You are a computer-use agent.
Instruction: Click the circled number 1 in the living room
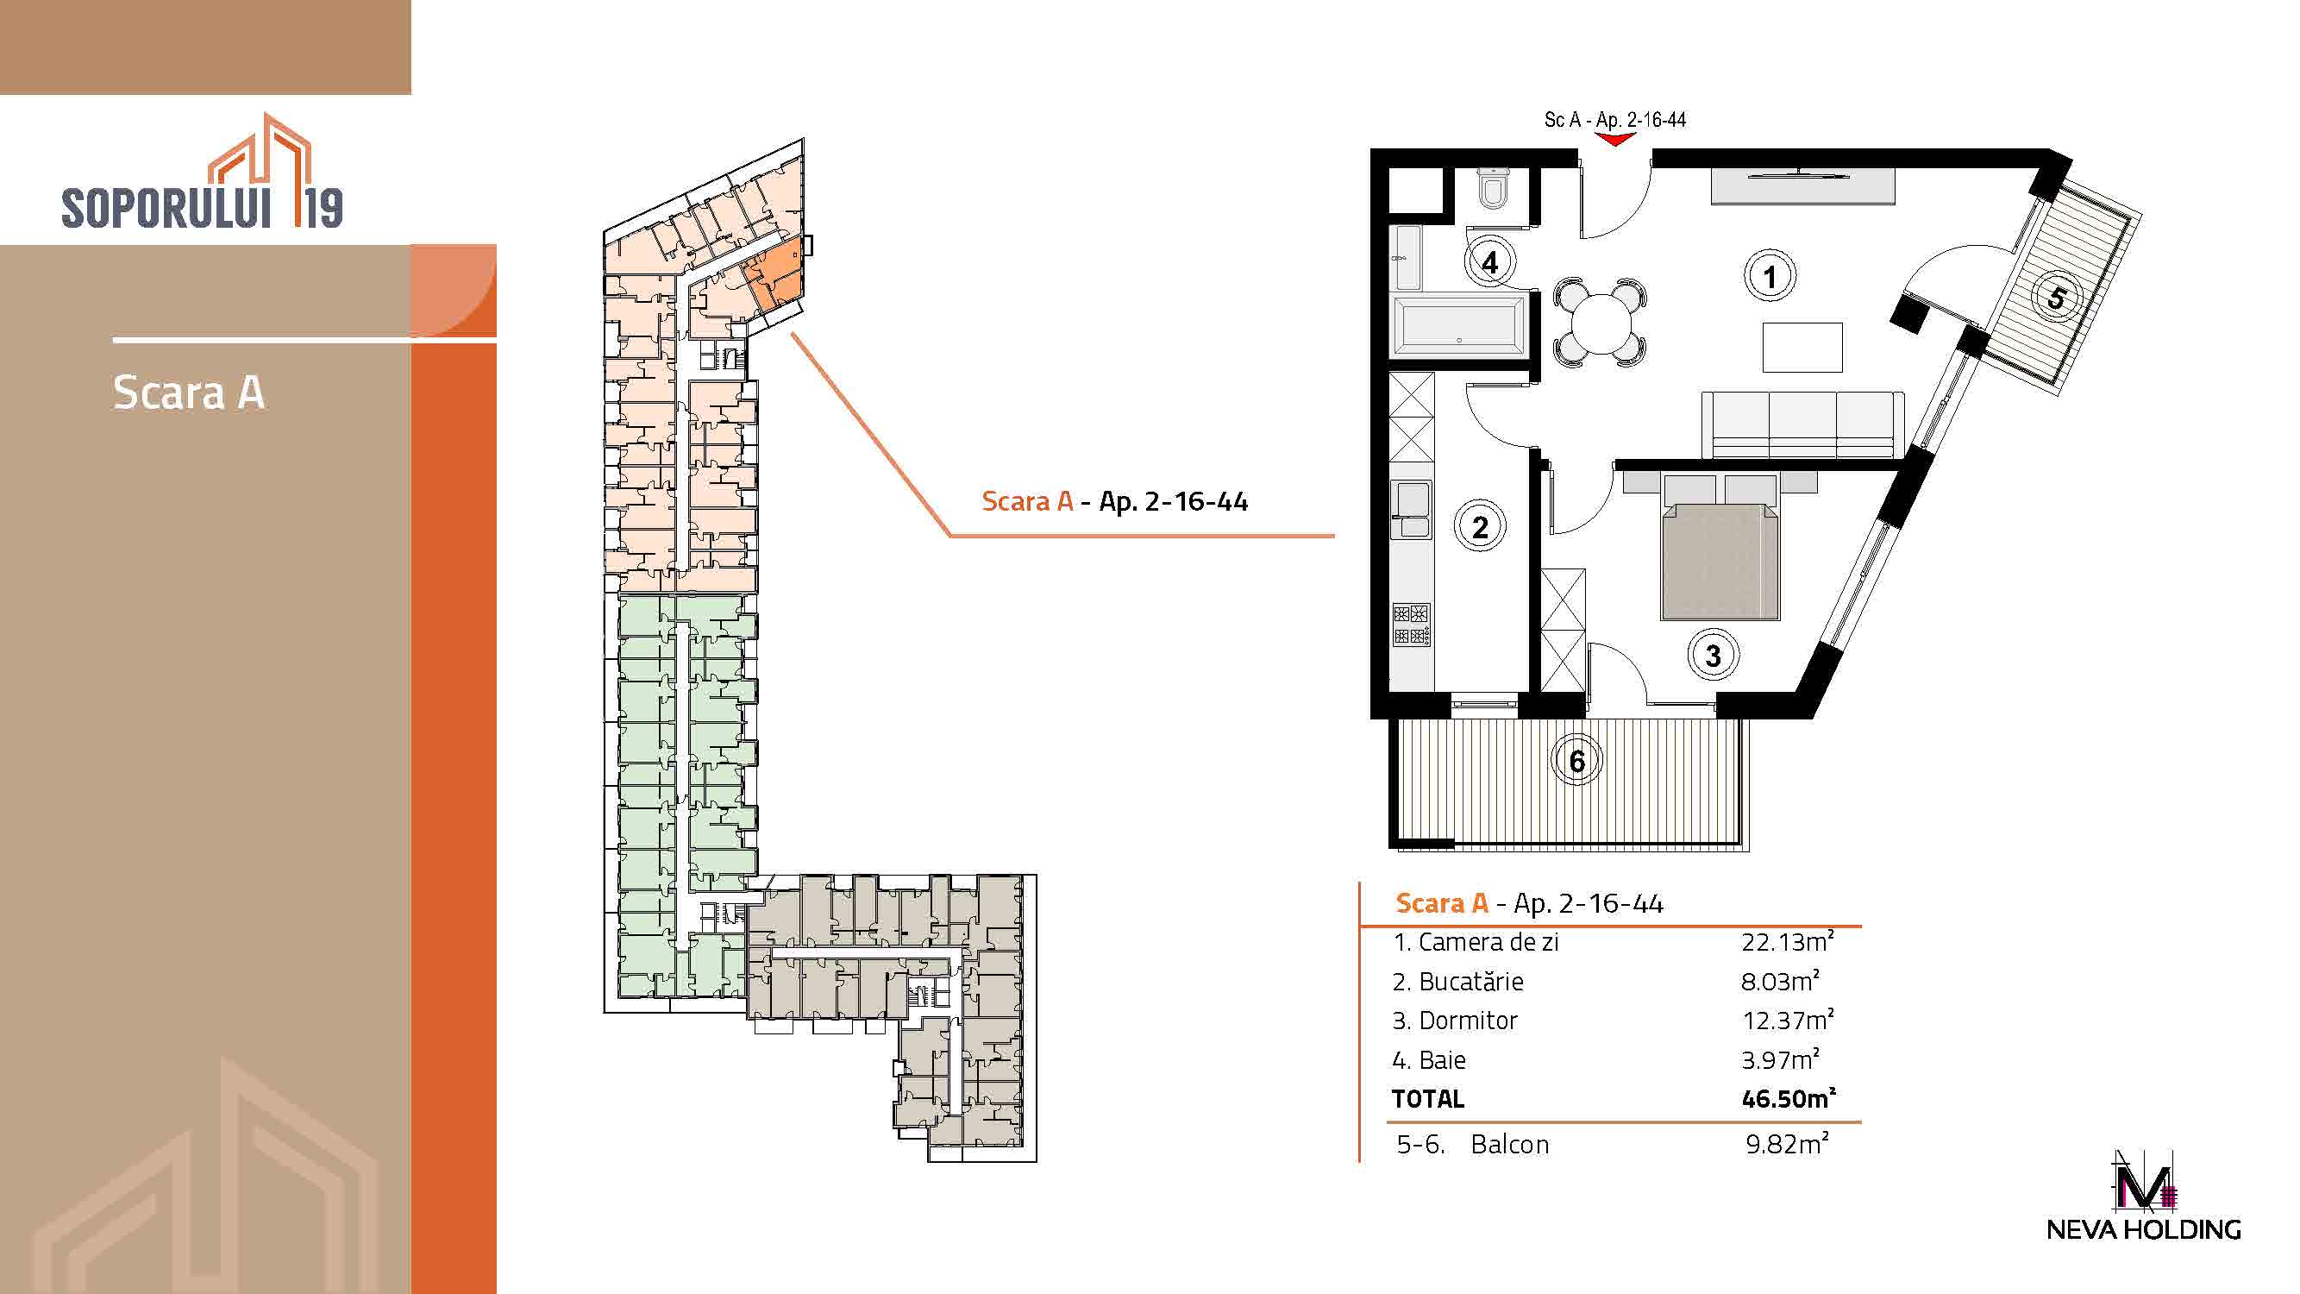1770,276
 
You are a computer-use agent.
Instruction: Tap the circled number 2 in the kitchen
1480,527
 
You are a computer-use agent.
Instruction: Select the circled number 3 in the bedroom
1713,656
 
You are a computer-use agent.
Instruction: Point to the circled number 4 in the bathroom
1489,261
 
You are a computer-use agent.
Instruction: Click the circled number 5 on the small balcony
2056,298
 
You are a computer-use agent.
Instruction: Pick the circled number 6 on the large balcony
1576,761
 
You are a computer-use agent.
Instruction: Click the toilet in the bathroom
1493,188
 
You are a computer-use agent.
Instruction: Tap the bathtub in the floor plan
1460,323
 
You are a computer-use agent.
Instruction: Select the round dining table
1600,323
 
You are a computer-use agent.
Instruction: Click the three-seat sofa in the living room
1802,425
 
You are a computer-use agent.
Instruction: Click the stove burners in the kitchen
1411,625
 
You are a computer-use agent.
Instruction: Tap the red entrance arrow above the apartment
1615,139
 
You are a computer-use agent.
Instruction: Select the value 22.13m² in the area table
1788,941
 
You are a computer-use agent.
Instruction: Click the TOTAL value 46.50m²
1789,1097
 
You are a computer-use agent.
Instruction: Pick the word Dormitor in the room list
1468,1020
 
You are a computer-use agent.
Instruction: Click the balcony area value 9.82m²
1787,1144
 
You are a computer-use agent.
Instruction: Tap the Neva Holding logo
2143,1197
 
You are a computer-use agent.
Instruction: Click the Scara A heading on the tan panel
188,393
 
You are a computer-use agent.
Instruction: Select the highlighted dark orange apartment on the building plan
774,275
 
